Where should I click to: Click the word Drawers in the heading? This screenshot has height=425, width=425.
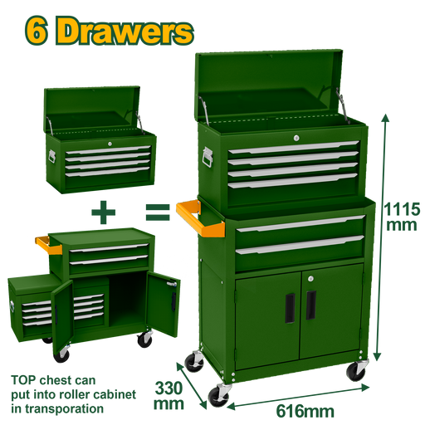click(125, 31)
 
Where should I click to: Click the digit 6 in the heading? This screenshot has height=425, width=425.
click(37, 31)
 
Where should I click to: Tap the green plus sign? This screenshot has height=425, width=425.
click(103, 212)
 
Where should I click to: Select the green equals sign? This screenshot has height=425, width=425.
click(158, 212)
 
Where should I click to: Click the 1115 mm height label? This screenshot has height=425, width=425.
click(402, 217)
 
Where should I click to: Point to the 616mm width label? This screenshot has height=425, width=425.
click(305, 412)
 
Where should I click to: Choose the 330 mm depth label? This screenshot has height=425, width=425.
click(169, 396)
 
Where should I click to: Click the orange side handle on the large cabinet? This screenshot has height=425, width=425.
click(198, 220)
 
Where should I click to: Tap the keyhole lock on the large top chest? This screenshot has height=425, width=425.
click(296, 138)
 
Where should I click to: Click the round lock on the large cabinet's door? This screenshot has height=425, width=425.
click(310, 279)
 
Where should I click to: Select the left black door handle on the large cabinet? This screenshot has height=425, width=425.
click(290, 308)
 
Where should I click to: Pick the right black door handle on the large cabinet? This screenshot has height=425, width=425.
click(311, 305)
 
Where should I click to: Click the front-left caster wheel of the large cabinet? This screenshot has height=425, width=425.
click(218, 396)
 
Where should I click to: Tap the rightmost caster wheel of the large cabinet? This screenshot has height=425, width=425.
click(356, 371)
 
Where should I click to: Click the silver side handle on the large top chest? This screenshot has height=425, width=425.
click(208, 157)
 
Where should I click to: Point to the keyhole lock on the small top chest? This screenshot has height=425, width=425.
click(110, 144)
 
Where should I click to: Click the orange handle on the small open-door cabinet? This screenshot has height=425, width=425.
click(47, 246)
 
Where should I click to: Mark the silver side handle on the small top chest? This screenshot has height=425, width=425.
click(52, 156)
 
